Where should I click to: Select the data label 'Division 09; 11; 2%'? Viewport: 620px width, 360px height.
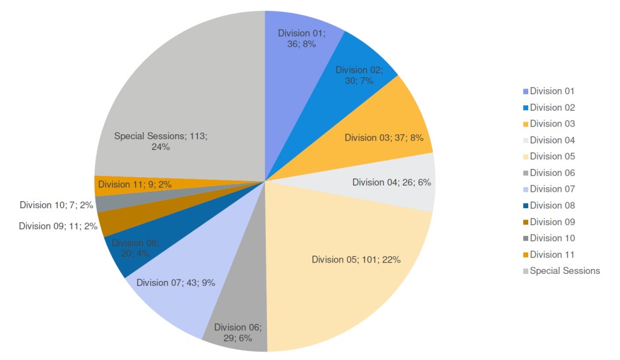coord(58,226)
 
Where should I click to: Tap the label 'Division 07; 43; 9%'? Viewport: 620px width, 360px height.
coord(176,283)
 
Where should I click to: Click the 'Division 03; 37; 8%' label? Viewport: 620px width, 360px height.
coord(384,137)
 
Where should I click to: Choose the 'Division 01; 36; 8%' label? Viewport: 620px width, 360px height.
coord(302,39)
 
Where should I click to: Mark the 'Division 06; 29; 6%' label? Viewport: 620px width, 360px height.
coord(238,333)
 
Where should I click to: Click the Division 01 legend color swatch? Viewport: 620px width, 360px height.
coord(525,91)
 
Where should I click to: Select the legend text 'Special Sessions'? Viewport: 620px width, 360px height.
coord(565,271)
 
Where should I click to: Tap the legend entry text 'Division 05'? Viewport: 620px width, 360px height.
coord(552,156)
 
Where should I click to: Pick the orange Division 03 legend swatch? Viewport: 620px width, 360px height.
coord(525,124)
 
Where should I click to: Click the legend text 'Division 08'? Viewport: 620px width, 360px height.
coord(552,205)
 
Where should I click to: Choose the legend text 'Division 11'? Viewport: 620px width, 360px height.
coord(552,254)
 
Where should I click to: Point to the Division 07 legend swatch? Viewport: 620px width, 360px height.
coord(525,189)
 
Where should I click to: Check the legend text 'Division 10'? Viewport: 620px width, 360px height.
coord(552,238)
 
